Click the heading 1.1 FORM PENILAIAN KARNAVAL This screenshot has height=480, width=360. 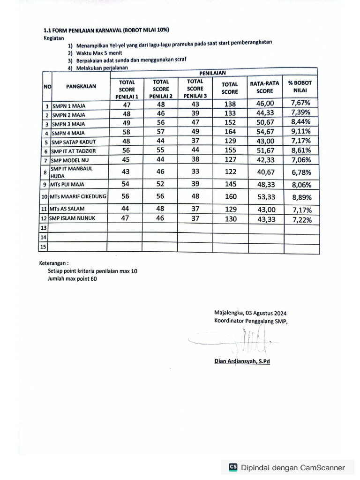106,30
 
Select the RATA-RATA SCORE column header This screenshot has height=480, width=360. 264,87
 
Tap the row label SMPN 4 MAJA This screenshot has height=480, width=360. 68,133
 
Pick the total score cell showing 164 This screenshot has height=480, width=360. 231,132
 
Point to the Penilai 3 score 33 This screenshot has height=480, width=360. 195,172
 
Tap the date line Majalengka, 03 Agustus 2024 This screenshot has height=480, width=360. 250,313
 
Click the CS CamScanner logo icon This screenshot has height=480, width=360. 233,467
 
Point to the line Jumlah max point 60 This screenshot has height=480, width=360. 72,278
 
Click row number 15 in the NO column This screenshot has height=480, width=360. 44,247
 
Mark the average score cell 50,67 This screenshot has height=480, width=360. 266,122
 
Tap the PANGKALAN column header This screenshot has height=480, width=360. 81,87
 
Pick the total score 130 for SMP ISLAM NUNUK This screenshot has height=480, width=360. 231,219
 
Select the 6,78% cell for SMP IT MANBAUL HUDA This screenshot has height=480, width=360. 301,172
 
